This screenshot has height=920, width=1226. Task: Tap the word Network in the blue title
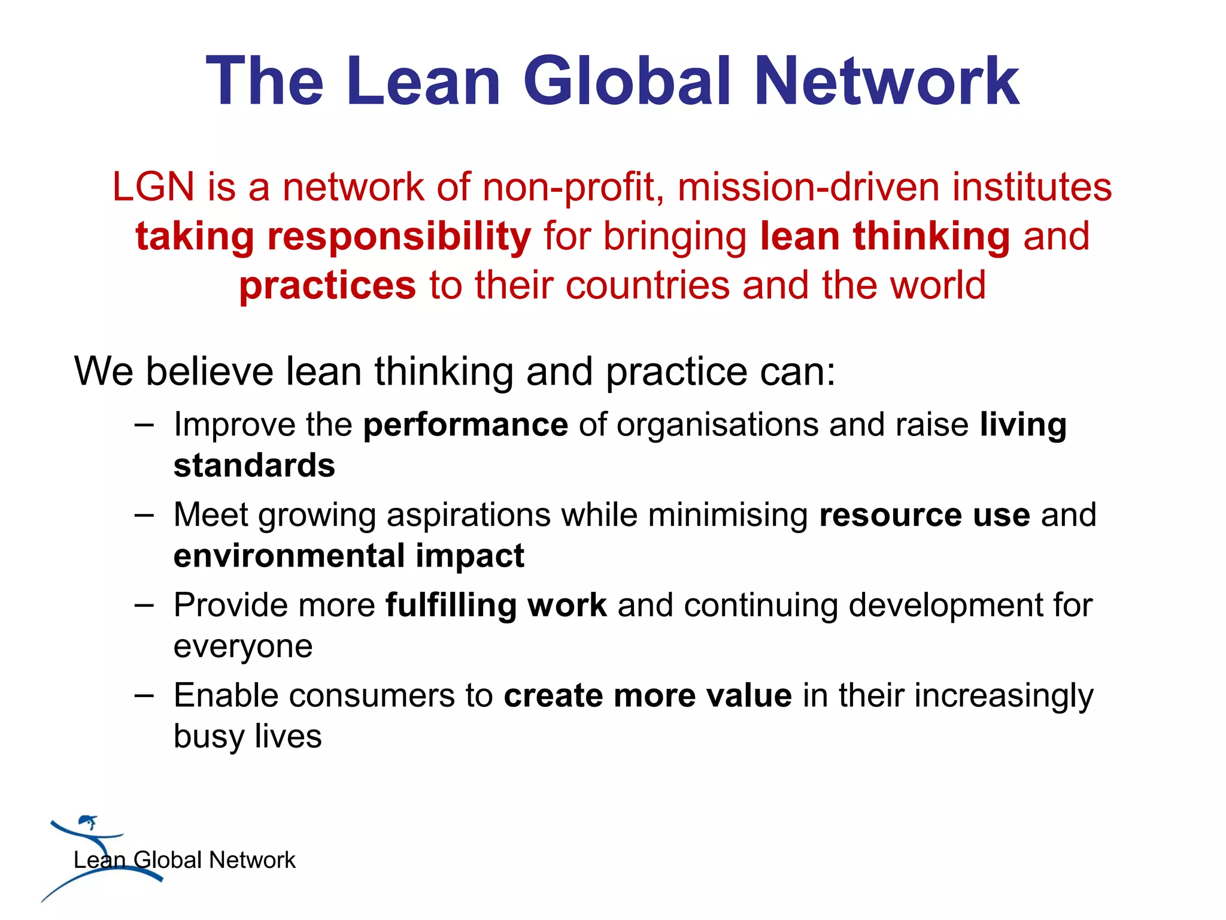click(886, 81)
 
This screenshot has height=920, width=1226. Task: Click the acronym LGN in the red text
click(153, 187)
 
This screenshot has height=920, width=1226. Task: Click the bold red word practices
click(327, 285)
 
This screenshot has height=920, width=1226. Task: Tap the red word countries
click(647, 285)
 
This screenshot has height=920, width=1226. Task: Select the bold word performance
click(465, 425)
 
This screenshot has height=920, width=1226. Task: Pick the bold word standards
click(254, 466)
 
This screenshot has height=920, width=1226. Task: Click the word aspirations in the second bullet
click(469, 515)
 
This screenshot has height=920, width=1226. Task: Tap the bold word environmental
click(289, 556)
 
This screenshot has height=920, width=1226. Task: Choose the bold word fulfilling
click(451, 606)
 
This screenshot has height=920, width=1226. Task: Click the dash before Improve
click(144, 426)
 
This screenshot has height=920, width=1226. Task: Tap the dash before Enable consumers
click(144, 696)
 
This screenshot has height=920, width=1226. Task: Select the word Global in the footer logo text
click(168, 860)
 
